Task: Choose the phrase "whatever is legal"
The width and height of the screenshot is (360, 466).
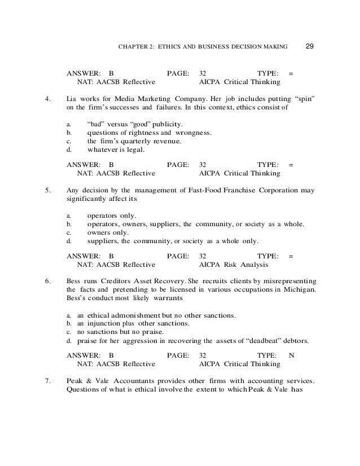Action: [x=116, y=150]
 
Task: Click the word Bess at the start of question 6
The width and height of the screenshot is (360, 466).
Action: [x=75, y=281]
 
